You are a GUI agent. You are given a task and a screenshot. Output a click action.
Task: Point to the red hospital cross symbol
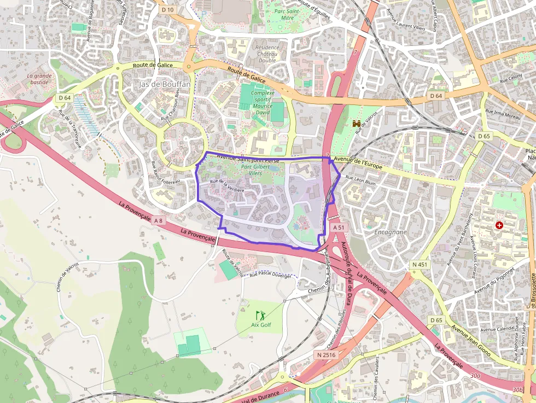(x=499, y=225)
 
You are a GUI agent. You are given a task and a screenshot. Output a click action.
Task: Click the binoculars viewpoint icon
(x=358, y=124)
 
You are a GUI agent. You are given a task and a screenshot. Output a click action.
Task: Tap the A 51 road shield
(x=339, y=227)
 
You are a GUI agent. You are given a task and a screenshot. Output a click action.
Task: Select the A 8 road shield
(x=158, y=220)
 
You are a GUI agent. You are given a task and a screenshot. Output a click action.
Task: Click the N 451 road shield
(x=420, y=265)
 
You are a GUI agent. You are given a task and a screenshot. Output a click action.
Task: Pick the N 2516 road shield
(x=326, y=355)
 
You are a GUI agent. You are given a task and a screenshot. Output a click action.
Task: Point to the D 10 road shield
(x=168, y=10)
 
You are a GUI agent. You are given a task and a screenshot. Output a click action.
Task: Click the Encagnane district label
(x=391, y=232)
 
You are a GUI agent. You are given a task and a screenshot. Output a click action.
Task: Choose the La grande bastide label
(x=39, y=79)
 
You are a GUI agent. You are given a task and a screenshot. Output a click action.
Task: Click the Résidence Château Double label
(x=267, y=54)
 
